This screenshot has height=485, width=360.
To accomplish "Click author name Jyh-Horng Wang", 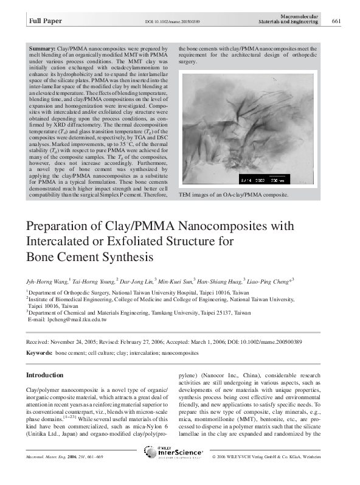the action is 46,281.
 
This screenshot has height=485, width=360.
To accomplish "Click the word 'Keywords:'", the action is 39,352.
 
